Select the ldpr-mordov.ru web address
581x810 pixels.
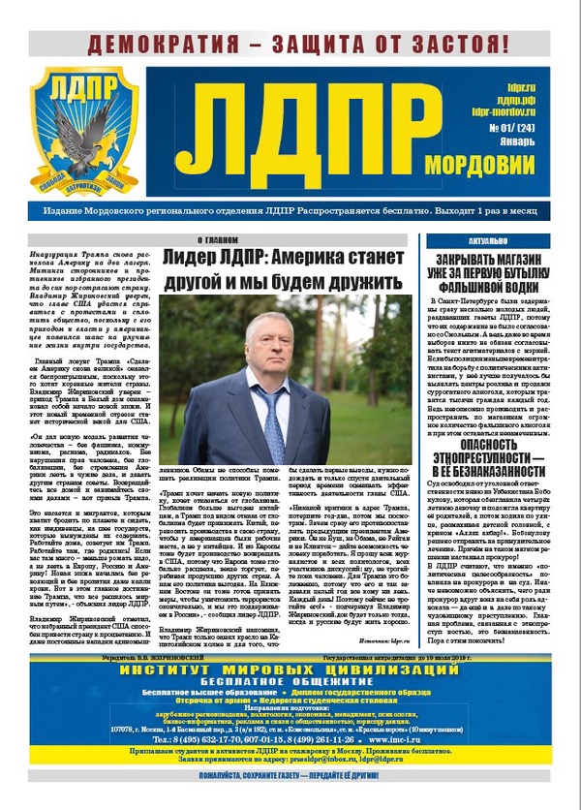tap(504, 112)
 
